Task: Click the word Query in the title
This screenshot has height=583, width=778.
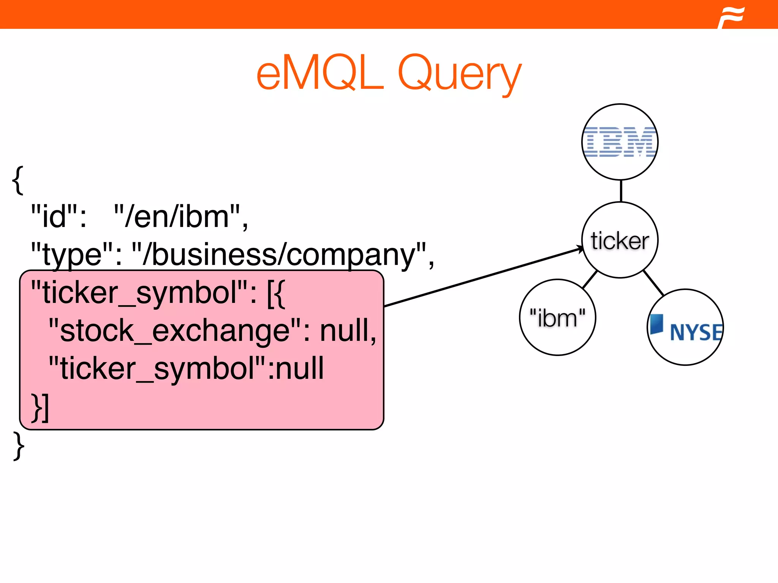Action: click(x=460, y=74)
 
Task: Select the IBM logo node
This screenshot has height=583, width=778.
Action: click(x=620, y=142)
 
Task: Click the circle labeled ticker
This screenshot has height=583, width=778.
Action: click(x=620, y=240)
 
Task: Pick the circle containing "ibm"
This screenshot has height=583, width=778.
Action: click(x=557, y=318)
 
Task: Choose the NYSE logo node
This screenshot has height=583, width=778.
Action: click(x=685, y=328)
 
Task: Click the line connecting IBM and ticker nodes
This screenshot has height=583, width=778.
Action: click(x=621, y=191)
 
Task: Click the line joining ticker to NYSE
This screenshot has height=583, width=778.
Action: click(x=653, y=283)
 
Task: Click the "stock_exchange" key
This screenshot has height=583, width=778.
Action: click(x=175, y=330)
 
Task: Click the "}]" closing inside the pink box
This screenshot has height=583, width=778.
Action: click(x=40, y=408)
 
